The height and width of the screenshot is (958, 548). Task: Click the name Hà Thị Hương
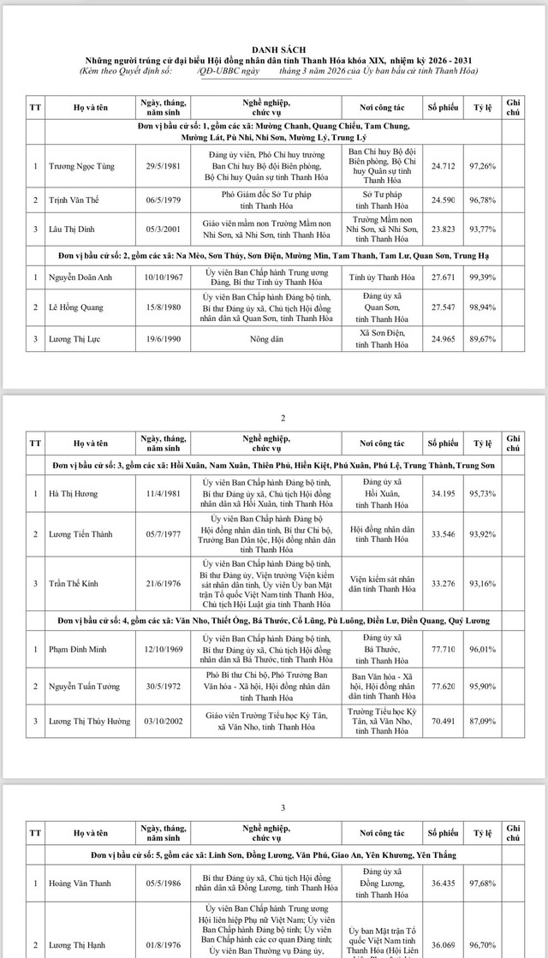pos(73,493)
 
